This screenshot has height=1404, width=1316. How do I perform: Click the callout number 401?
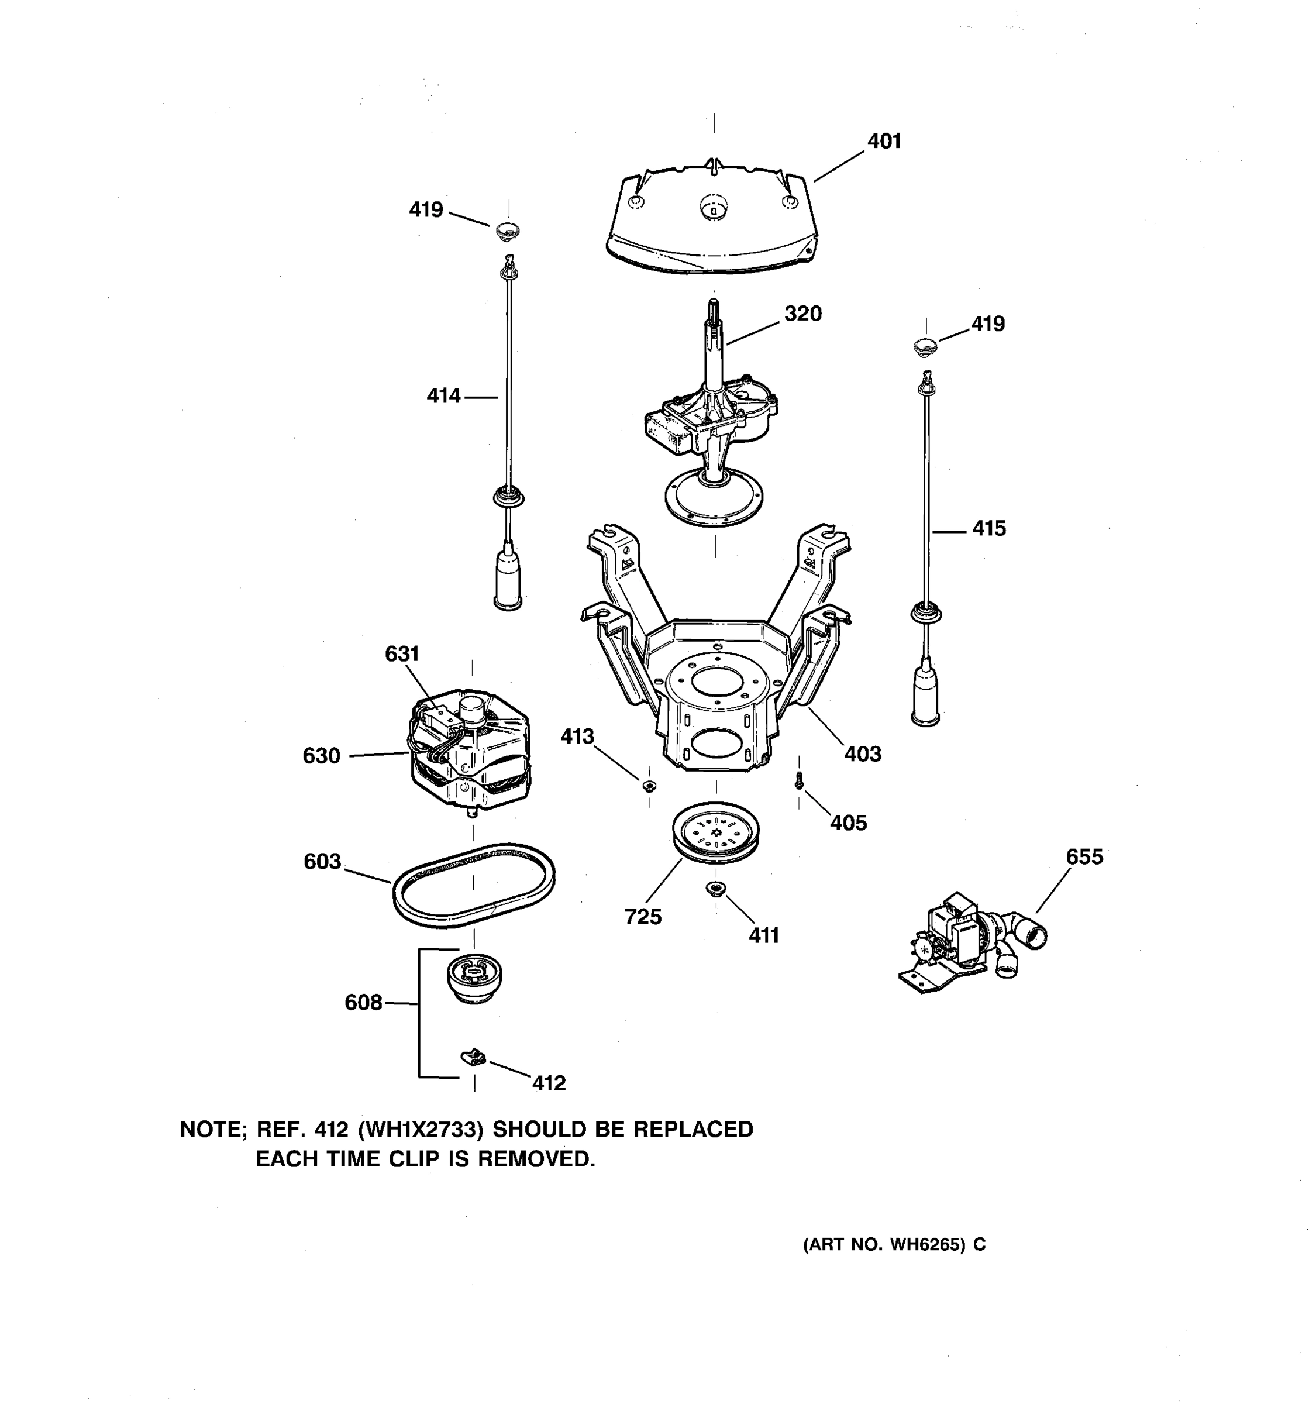click(x=884, y=141)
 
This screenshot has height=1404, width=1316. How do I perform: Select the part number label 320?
click(x=802, y=314)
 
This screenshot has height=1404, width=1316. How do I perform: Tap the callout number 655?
click(x=1084, y=856)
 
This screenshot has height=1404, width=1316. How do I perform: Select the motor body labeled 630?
click(x=470, y=759)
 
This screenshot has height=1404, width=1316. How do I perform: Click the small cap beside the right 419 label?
click(x=925, y=346)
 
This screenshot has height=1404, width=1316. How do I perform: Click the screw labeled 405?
click(x=798, y=780)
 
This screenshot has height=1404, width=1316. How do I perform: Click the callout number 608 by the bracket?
click(x=363, y=1003)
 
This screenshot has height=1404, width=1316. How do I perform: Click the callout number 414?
click(x=443, y=396)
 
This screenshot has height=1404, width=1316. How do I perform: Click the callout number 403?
click(x=863, y=753)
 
